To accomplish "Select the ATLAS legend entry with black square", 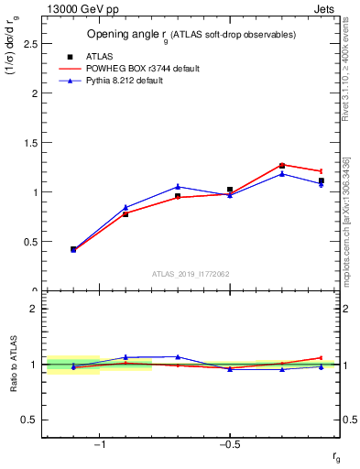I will click(x=97, y=56).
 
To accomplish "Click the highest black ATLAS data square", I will click(x=282, y=166).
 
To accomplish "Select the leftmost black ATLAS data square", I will click(x=73, y=248).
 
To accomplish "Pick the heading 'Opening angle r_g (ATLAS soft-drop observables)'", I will click(x=191, y=34).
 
